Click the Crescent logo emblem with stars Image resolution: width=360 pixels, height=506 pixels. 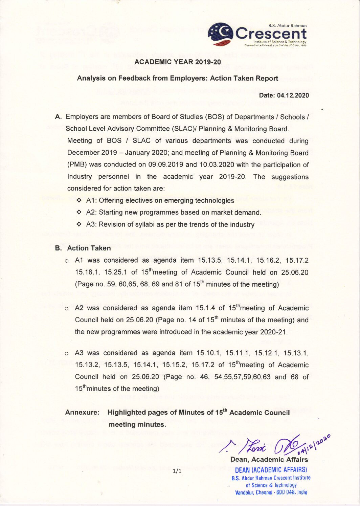point(220,35)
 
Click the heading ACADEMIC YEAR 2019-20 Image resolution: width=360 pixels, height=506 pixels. point(177,62)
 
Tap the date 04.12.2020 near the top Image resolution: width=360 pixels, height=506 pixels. point(293,95)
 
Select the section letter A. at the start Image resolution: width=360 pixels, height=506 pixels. point(59,117)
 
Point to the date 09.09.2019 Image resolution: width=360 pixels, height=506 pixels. point(166,165)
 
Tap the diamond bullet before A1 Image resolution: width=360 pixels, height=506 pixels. point(79,200)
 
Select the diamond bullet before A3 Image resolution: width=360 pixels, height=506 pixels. point(79,224)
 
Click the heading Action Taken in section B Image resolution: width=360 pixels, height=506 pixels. point(89,248)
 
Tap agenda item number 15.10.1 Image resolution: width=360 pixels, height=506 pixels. point(209,353)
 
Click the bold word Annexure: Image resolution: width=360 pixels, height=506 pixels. point(82,412)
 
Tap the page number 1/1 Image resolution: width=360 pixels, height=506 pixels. point(177,471)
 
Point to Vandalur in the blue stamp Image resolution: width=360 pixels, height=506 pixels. point(245,492)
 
